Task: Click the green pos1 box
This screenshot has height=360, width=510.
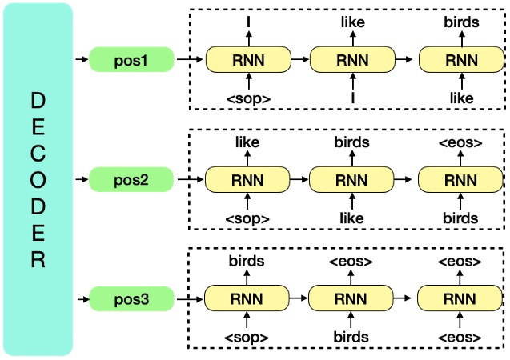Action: point(131,59)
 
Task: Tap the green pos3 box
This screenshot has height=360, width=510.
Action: point(131,300)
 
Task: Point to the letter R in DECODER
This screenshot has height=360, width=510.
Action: point(38,260)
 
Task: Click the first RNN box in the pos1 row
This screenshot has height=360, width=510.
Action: point(248,59)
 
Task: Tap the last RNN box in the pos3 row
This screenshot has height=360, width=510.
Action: point(461,300)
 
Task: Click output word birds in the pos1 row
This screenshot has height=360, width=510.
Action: point(461,22)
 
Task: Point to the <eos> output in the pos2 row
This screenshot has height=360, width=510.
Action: point(461,142)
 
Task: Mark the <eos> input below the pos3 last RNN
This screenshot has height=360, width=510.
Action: point(461,337)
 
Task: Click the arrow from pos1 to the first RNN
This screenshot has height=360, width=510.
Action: point(189,59)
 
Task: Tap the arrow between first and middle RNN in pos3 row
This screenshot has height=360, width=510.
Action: point(299,300)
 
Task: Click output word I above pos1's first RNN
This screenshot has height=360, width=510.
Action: point(248,22)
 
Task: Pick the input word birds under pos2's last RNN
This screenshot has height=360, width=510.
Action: point(461,218)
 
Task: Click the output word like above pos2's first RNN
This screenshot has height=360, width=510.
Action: point(248,142)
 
